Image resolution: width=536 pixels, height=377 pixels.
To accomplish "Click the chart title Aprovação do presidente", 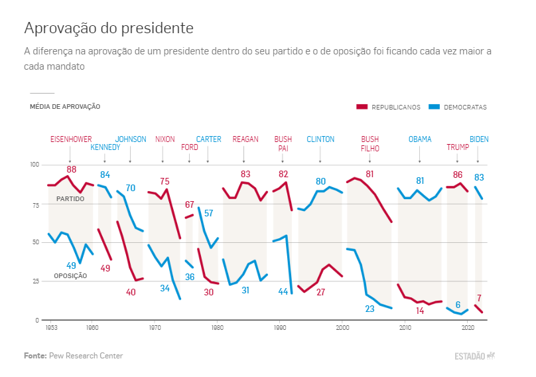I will tap(109, 28).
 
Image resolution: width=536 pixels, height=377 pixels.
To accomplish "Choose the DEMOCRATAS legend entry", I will tap(465, 107).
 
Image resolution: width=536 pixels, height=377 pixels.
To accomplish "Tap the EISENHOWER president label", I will tap(71, 139).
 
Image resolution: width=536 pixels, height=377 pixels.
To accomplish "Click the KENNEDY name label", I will tap(105, 147).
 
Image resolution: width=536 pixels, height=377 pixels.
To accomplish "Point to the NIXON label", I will tap(165, 139).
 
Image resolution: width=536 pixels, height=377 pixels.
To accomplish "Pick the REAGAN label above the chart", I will tap(245, 139).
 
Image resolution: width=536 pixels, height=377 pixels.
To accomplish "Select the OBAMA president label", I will tap(420, 139).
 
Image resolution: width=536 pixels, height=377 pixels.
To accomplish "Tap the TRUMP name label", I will tap(457, 147).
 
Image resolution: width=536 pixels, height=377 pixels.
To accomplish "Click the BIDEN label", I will tap(479, 139).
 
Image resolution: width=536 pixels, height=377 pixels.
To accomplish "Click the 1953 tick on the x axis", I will tap(51, 328).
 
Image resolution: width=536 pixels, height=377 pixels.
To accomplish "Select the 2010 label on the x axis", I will tap(405, 328).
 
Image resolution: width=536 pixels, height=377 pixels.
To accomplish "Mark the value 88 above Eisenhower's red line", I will tap(72, 170).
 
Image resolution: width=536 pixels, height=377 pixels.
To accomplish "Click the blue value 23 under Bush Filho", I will tap(370, 309).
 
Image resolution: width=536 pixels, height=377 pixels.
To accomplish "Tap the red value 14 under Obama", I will tap(420, 311).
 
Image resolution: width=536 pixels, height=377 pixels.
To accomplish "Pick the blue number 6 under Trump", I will tap(458, 305).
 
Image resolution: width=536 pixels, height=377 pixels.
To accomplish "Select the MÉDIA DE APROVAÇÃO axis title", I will tap(65, 107).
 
